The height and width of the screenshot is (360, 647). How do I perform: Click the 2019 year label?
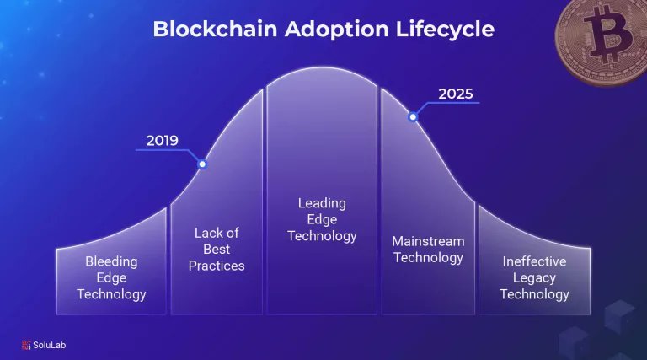162,140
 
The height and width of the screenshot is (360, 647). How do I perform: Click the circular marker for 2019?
202,164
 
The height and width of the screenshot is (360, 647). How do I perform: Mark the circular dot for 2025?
413,116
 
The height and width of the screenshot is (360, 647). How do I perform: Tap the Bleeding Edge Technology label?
111,278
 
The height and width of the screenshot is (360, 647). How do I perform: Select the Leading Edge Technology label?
322,219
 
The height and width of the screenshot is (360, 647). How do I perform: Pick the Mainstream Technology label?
428,250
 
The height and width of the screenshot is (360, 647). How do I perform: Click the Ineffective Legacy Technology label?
534,278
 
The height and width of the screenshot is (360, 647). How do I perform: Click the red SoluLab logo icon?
26,344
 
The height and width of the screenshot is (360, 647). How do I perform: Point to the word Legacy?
534,278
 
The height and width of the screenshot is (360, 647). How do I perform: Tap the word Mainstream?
428,241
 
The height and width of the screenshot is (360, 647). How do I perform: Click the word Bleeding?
111,262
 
